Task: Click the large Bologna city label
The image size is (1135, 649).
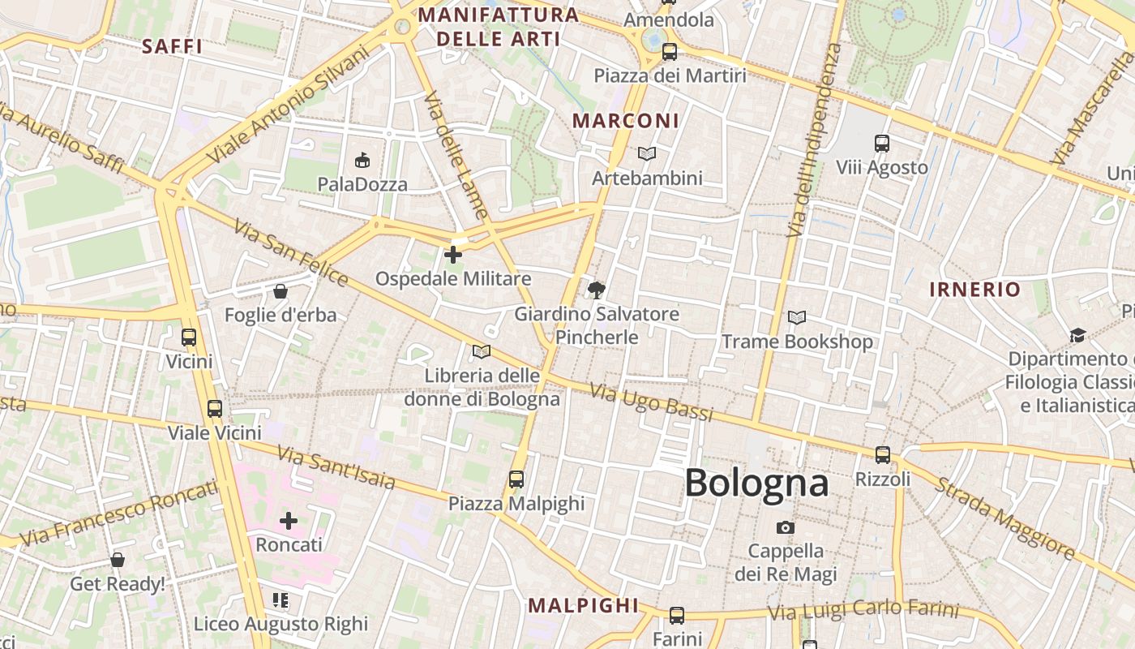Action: (x=756, y=484)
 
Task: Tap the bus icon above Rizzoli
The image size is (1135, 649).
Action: (x=883, y=454)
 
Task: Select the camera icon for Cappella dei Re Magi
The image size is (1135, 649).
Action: (x=785, y=527)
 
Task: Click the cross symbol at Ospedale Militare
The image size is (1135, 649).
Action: (x=453, y=255)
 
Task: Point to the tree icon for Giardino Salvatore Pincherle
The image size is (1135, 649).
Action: (x=597, y=290)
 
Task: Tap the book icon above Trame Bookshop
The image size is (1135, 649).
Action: (x=797, y=318)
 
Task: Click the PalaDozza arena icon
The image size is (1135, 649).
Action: (x=362, y=160)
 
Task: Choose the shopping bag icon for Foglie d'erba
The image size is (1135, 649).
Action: (x=281, y=290)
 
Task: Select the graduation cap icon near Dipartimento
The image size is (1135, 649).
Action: (x=1077, y=335)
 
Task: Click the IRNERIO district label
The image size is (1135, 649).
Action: (x=974, y=290)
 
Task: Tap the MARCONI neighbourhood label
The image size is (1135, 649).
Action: (x=626, y=121)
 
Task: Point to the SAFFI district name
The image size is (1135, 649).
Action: (x=172, y=46)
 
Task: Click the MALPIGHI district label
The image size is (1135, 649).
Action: (x=584, y=605)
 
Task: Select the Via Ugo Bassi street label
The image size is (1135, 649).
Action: (x=652, y=402)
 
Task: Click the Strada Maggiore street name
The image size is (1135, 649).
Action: (x=1004, y=519)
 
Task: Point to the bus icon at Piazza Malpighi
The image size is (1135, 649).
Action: (x=516, y=479)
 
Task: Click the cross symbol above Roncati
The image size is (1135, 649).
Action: (x=289, y=520)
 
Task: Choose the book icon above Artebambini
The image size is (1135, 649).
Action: (x=646, y=153)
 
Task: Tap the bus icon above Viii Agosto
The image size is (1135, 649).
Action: (x=882, y=144)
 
